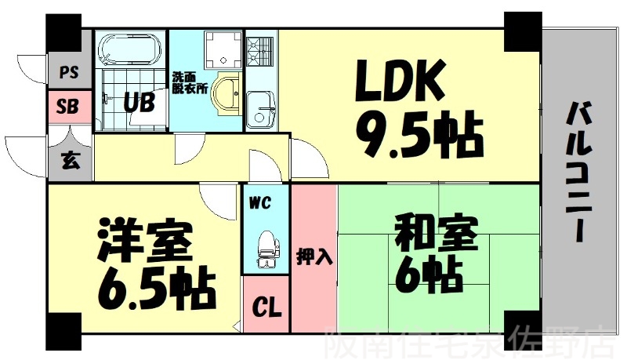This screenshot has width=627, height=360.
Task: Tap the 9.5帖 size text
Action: pyautogui.click(x=419, y=137)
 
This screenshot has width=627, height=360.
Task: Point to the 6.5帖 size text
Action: pyautogui.click(x=156, y=289)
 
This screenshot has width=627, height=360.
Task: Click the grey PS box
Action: pyautogui.click(x=69, y=74)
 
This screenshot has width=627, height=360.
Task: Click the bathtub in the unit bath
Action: pyautogui.click(x=131, y=48)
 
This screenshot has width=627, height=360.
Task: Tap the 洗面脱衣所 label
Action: pyautogui.click(x=190, y=83)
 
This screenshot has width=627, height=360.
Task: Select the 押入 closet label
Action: pyautogui.click(x=313, y=256)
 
